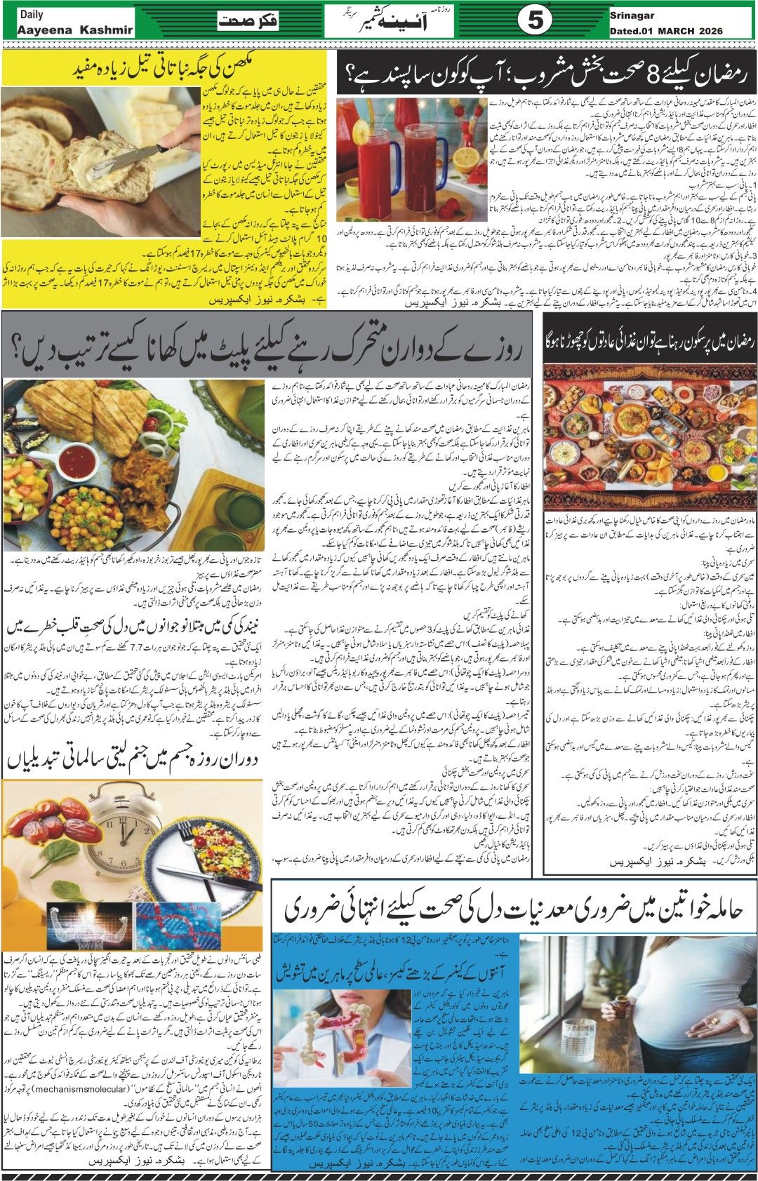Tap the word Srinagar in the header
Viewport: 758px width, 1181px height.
pos(628,14)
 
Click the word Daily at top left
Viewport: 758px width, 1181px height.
pos(32,14)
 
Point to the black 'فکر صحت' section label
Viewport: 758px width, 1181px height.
pos(248,21)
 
